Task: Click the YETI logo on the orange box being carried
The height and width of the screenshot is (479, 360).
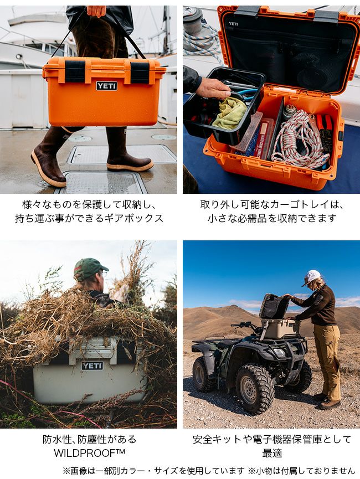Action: pyautogui.click(x=107, y=86)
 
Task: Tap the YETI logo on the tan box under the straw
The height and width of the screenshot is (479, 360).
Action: pyautogui.click(x=92, y=365)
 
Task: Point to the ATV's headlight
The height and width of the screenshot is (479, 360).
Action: pyautogui.click(x=279, y=353)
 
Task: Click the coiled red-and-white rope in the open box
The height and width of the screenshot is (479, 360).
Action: pyautogui.click(x=300, y=141)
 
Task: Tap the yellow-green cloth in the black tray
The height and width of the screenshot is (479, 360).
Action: pyautogui.click(x=229, y=112)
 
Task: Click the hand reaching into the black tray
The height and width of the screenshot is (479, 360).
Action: pyautogui.click(x=213, y=89)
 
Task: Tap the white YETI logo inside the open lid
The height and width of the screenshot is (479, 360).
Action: pyautogui.click(x=233, y=24)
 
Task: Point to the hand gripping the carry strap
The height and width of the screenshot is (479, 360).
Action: pyautogui.click(x=96, y=11)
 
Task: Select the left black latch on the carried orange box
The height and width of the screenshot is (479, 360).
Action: pyautogui.click(x=75, y=71)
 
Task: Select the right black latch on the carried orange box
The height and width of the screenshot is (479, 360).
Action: pyautogui.click(x=140, y=73)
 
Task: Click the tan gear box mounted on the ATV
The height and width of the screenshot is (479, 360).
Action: pyautogui.click(x=280, y=329)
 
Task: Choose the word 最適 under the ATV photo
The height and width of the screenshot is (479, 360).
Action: pyautogui.click(x=272, y=453)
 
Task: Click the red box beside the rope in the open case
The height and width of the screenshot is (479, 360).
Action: pyautogui.click(x=264, y=137)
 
